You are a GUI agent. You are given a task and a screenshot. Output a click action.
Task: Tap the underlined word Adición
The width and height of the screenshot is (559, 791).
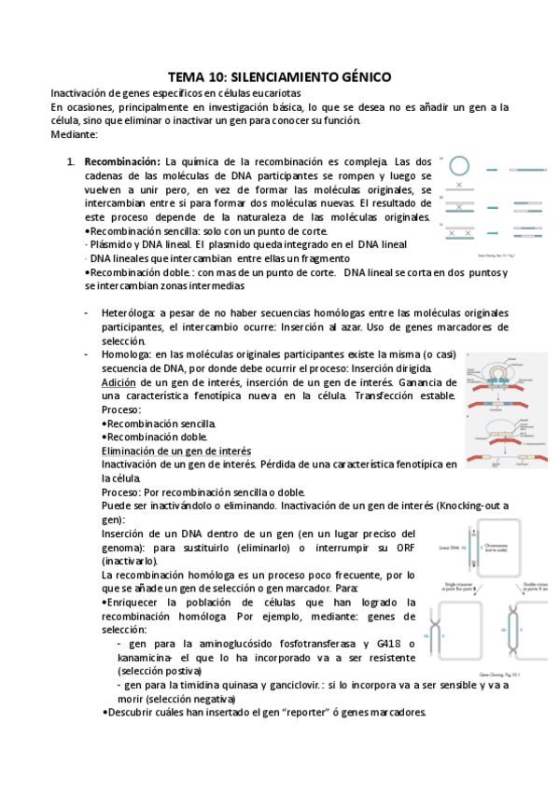pyautogui.click(x=119, y=382)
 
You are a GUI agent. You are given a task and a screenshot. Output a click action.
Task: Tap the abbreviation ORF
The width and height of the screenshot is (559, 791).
pyautogui.click(x=398, y=547)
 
